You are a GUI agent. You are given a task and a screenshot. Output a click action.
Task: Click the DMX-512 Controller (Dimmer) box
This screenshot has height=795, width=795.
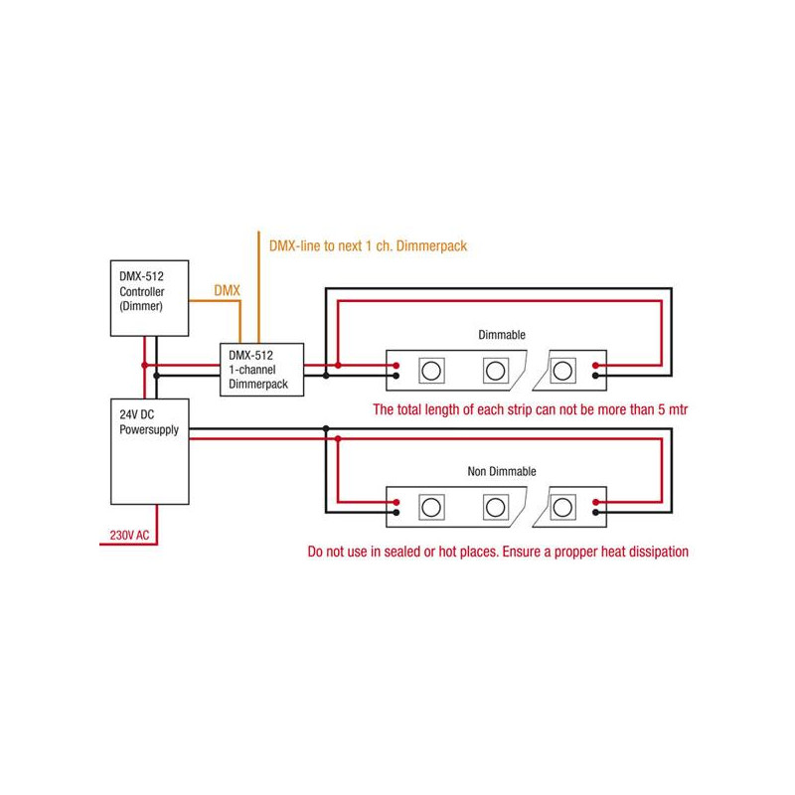[x=148, y=297]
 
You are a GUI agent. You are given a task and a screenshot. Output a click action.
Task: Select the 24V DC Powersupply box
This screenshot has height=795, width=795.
[x=148, y=452]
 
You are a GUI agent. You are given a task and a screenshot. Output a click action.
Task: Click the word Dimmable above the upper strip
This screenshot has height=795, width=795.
[x=502, y=336]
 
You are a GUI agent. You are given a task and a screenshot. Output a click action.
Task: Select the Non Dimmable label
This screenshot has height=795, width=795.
[x=502, y=470]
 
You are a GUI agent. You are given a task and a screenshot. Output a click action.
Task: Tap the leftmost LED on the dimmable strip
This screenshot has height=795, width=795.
[x=432, y=371]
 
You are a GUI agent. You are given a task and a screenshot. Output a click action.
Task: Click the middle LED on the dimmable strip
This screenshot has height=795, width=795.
[x=494, y=371]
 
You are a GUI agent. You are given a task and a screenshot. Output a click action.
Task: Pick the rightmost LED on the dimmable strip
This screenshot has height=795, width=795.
[x=563, y=371]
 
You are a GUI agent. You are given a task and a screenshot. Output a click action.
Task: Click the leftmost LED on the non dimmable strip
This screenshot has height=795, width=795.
[x=432, y=506]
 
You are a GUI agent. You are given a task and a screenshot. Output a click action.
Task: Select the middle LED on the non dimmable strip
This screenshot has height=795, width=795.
[x=494, y=506]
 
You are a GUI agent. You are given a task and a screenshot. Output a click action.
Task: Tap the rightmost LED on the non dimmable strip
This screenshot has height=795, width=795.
[x=563, y=506]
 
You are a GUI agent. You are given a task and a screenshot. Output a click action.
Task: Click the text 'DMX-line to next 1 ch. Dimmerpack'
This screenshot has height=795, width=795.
[x=368, y=244]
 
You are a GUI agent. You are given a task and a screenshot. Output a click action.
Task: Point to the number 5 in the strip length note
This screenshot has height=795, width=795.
[x=652, y=409]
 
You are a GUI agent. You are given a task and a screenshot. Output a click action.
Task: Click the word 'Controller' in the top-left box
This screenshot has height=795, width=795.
[x=141, y=292]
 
